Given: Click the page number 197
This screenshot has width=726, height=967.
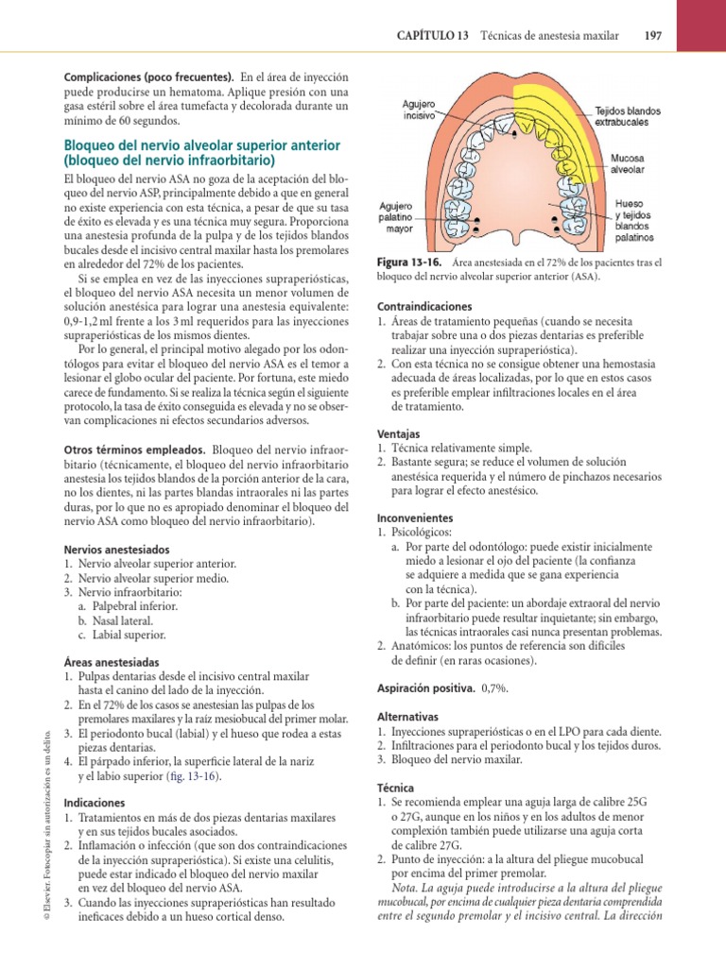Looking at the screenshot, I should point(651,36).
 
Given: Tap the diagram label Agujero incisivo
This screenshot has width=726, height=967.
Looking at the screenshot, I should point(419,111).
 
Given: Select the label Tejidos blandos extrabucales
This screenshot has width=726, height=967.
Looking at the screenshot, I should point(628,116).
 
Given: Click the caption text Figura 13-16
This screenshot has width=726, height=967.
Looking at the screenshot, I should point(405,263).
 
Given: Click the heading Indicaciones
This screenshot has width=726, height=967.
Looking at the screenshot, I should point(95,802).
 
